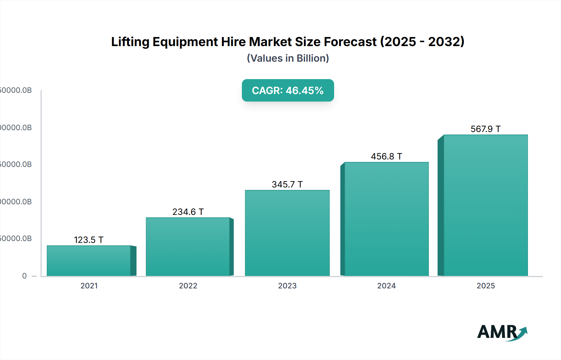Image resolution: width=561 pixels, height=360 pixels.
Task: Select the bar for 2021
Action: point(89,261)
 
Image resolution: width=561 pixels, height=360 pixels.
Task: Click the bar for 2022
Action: point(188,247)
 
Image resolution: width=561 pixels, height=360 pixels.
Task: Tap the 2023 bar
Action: point(287,233)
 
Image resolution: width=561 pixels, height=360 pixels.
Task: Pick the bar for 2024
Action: point(386,219)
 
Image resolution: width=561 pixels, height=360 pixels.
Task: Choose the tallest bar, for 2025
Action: point(486,205)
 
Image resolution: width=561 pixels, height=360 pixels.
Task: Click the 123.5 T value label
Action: point(89,240)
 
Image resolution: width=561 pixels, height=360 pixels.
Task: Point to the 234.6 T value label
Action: point(188,212)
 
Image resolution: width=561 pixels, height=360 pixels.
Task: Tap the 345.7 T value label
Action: point(287,184)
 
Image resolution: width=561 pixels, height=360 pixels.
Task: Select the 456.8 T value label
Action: point(386,156)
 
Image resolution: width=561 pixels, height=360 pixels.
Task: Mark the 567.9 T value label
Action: point(486,129)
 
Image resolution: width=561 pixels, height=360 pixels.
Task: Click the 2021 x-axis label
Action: point(89,286)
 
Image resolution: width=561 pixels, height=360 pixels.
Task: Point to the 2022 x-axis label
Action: point(188,286)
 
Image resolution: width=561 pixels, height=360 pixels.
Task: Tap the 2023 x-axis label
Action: point(287,286)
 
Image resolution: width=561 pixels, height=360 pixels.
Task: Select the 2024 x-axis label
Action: point(386,286)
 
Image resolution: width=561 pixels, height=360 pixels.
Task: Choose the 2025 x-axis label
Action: point(486,286)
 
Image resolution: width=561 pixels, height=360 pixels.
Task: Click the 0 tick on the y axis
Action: point(24,276)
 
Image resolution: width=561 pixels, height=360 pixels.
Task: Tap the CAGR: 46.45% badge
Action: point(288,90)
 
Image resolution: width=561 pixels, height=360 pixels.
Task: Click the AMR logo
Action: point(502,332)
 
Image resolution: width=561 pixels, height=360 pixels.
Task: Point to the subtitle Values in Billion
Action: point(288,58)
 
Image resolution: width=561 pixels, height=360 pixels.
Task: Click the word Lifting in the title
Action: point(130,42)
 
